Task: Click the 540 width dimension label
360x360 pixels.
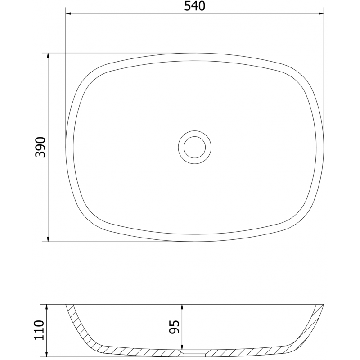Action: click(x=194, y=6)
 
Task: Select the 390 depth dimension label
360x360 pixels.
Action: click(x=41, y=147)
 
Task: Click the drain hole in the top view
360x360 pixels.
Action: click(x=194, y=146)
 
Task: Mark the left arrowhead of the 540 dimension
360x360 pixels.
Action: click(x=68, y=13)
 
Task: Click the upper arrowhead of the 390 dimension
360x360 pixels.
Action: click(x=48, y=56)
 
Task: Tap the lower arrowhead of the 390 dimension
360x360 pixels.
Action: click(x=48, y=238)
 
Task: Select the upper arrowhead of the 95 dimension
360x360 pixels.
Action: click(x=182, y=306)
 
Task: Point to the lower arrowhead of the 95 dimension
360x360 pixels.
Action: click(x=182, y=346)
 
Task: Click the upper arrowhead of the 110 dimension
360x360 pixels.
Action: click(x=47, y=306)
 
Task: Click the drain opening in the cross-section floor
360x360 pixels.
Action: click(x=194, y=351)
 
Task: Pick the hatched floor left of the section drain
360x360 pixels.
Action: click(x=135, y=349)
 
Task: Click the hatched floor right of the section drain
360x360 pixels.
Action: click(x=252, y=349)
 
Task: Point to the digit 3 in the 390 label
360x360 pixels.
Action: click(x=41, y=154)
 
